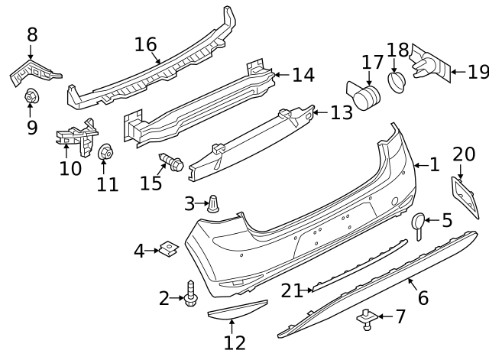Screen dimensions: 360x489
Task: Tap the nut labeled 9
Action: point(32,96)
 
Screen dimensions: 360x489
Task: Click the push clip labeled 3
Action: point(214,203)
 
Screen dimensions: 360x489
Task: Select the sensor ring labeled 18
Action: point(397,82)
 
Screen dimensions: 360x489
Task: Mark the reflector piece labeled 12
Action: point(236,310)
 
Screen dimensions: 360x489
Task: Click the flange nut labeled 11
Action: point(106,153)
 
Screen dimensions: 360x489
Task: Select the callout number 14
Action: point(303,75)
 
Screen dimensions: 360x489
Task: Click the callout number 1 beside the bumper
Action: point(433,164)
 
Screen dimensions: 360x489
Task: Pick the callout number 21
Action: point(291,290)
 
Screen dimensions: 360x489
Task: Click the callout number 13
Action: point(341,112)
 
